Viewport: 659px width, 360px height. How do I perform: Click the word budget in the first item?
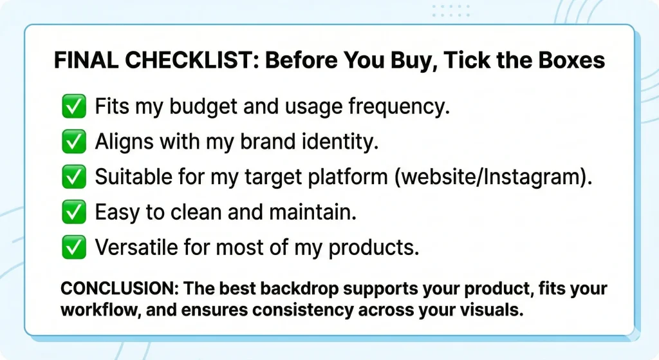198,107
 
